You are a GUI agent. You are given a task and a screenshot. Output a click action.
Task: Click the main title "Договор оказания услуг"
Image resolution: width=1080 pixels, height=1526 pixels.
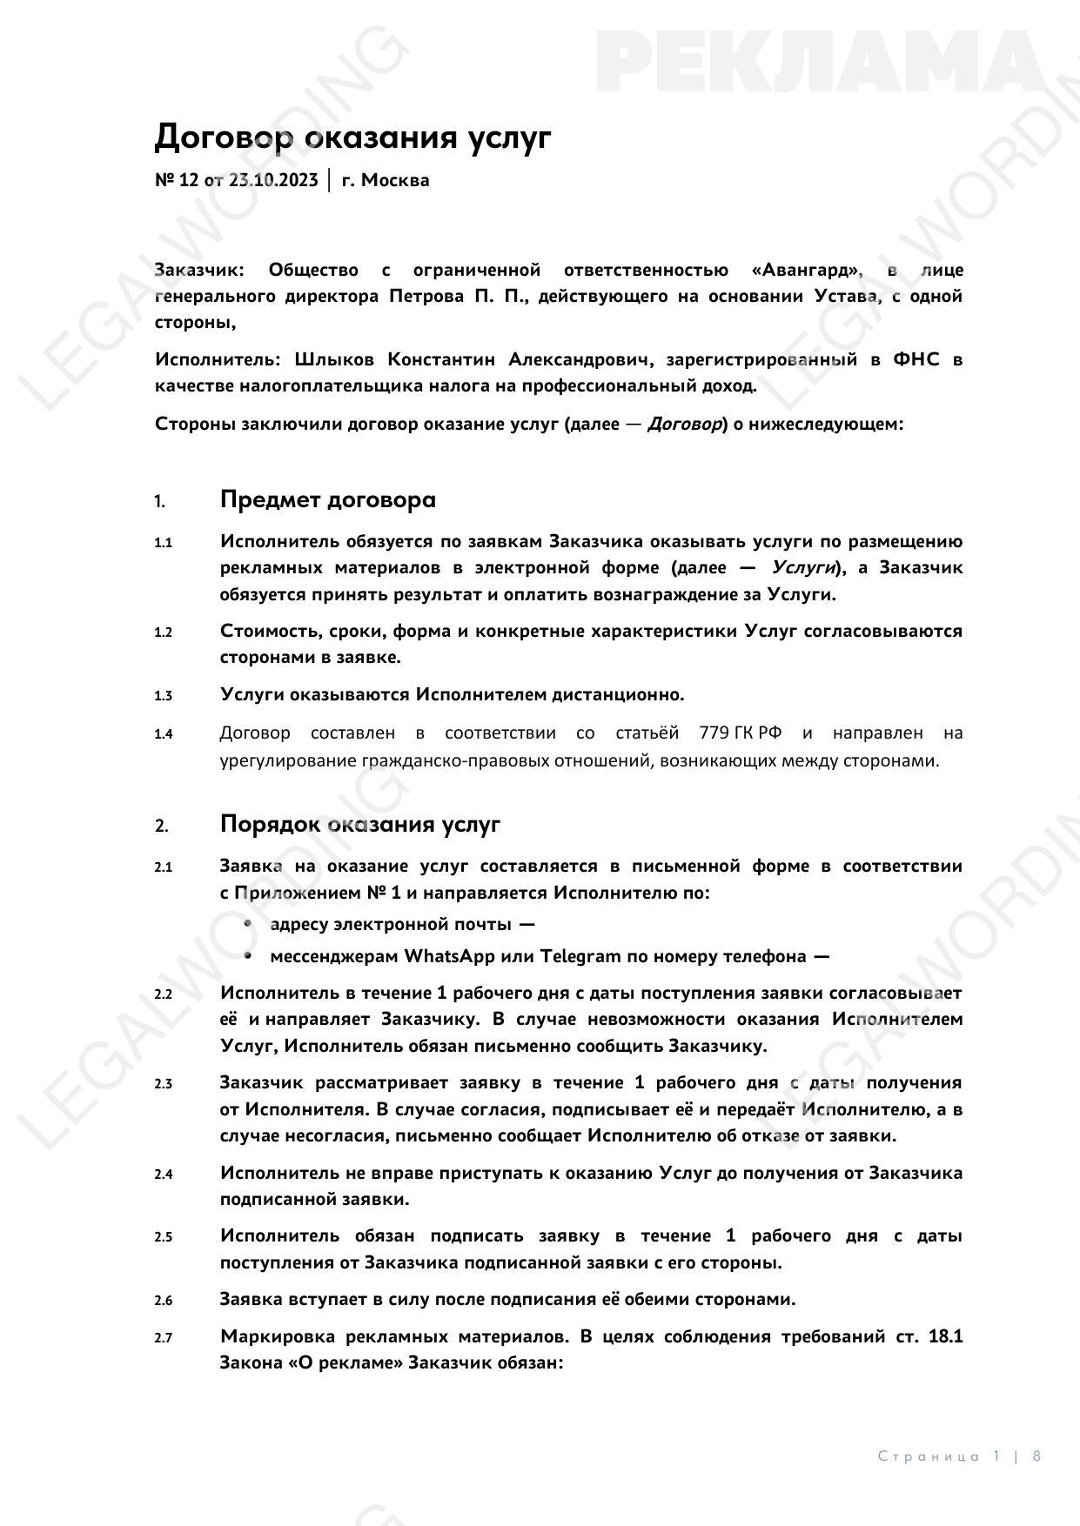(x=352, y=137)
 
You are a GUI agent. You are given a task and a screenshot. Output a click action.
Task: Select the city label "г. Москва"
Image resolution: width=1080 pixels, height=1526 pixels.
(x=386, y=180)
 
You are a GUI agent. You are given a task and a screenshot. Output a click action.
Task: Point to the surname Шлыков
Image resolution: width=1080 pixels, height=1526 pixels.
(x=334, y=359)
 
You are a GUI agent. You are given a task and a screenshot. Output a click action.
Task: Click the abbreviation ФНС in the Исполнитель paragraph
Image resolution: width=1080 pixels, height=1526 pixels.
(x=916, y=359)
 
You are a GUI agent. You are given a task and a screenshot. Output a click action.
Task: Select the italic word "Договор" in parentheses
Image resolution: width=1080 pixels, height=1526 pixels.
(x=685, y=424)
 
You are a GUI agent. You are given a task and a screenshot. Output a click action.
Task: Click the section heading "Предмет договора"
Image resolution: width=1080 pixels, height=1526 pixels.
(x=327, y=500)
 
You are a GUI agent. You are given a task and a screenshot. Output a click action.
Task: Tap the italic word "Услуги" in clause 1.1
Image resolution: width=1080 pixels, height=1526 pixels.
(x=803, y=567)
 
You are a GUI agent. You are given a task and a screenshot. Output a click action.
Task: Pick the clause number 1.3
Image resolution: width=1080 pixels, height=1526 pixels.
(x=164, y=695)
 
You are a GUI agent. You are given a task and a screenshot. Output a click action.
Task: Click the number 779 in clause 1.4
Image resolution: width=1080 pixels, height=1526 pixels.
(x=714, y=733)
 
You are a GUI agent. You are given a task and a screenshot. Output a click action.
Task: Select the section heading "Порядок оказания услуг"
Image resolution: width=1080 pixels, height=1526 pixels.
(x=359, y=824)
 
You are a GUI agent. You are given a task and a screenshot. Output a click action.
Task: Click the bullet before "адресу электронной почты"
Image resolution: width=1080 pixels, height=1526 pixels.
(x=249, y=923)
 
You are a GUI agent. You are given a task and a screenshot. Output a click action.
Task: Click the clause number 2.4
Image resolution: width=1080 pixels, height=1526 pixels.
(x=164, y=1174)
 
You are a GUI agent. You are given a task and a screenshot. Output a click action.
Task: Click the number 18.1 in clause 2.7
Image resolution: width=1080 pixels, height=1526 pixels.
(x=945, y=1336)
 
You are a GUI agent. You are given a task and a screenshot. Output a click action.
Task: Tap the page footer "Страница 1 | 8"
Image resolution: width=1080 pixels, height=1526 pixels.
(x=959, y=1456)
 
